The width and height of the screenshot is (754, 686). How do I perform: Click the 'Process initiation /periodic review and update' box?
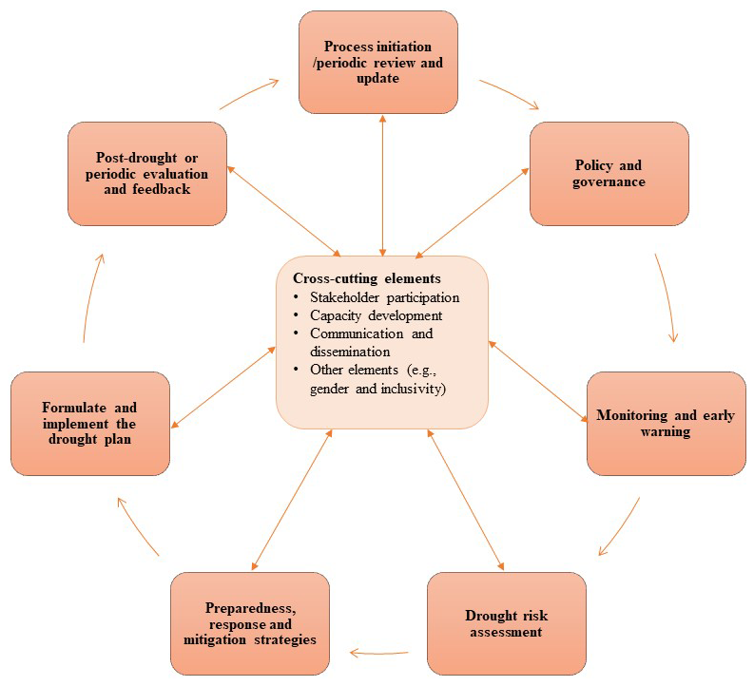378,63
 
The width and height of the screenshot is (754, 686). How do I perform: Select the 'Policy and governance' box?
609,174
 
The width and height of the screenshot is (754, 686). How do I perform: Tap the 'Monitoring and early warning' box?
666,423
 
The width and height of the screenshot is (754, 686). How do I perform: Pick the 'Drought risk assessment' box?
507,623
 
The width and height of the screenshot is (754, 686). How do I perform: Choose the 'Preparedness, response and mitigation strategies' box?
250,623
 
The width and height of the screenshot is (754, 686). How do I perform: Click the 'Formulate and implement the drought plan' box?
90,423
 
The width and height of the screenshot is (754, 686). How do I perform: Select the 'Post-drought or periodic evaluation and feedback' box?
147,174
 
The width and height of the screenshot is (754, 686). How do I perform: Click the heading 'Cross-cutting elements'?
366,278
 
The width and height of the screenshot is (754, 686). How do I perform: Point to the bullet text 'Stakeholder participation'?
385,297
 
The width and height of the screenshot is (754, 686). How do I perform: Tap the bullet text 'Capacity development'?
376,315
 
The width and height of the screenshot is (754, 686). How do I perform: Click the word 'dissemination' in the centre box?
350,352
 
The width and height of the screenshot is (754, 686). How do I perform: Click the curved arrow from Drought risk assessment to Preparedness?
379,653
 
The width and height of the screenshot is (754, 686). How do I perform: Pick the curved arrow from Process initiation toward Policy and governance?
511,93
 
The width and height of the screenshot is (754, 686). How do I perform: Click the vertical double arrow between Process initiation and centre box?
383,185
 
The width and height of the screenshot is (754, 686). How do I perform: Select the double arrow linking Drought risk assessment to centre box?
466,500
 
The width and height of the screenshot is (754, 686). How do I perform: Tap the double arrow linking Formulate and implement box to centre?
223,387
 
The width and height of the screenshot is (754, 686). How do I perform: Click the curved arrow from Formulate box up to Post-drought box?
92,297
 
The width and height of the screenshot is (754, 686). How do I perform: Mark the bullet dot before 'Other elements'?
297,369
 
